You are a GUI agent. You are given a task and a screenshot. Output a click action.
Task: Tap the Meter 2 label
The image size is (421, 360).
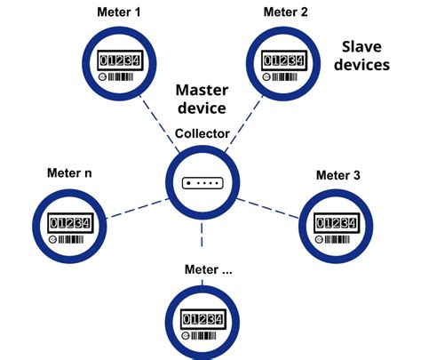pyautogui.click(x=285, y=12)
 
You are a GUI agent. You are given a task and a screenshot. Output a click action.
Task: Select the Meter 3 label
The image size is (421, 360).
pyautogui.click(x=338, y=175)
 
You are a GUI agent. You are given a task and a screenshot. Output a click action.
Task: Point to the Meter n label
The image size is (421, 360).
pyautogui.click(x=69, y=171)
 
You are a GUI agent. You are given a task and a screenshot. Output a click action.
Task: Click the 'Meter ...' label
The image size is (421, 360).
pyautogui.click(x=208, y=269)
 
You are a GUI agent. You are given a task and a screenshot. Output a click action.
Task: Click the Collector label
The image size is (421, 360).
pyautogui.click(x=203, y=133)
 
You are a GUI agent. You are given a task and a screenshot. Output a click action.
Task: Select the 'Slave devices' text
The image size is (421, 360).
pyautogui.click(x=366, y=55)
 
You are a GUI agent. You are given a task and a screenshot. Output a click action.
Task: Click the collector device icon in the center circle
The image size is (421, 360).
pyautogui.click(x=203, y=182)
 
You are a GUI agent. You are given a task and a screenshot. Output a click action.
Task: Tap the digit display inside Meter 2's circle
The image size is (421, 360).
pyautogui.click(x=284, y=60)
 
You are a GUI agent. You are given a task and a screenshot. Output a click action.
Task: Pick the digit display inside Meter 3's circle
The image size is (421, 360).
pyautogui.click(x=338, y=221)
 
